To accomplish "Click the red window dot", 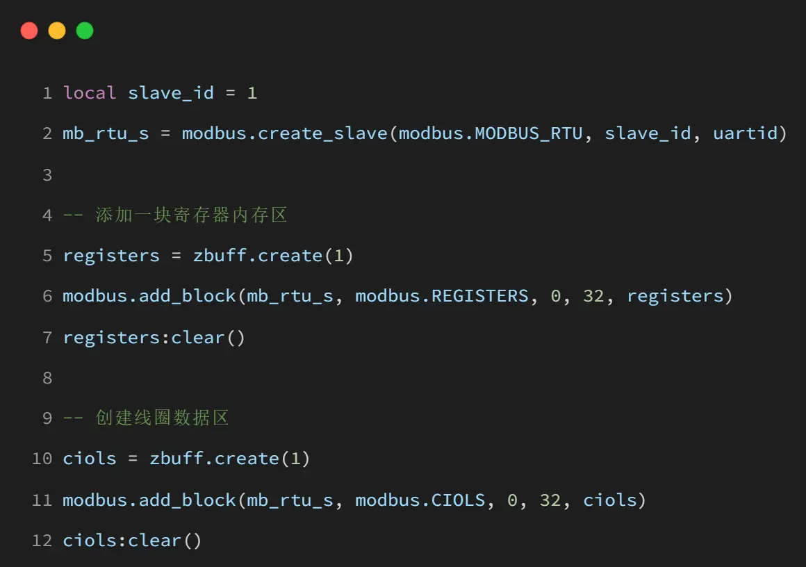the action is point(29,31).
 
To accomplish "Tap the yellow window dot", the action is point(57,31).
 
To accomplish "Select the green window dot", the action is point(85,31).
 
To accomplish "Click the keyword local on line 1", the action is point(90,93).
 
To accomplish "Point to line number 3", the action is point(47,174).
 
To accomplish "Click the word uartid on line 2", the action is point(750,133).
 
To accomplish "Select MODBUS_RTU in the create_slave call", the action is point(529,133).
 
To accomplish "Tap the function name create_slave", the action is point(322,133).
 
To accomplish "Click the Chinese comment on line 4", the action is point(191,215).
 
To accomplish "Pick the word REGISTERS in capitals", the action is point(480,296).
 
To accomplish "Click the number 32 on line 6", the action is point(593,296).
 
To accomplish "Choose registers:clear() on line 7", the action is point(154,338).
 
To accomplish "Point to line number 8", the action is point(47,377).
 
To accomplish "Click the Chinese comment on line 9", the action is point(162,418).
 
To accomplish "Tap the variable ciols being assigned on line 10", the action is point(90,459).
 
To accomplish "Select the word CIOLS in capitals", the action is point(459,500).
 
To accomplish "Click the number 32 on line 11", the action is point(550,500).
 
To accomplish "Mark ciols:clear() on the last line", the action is point(132,541).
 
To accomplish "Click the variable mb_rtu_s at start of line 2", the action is point(106,133).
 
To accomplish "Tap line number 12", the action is point(42,541).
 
